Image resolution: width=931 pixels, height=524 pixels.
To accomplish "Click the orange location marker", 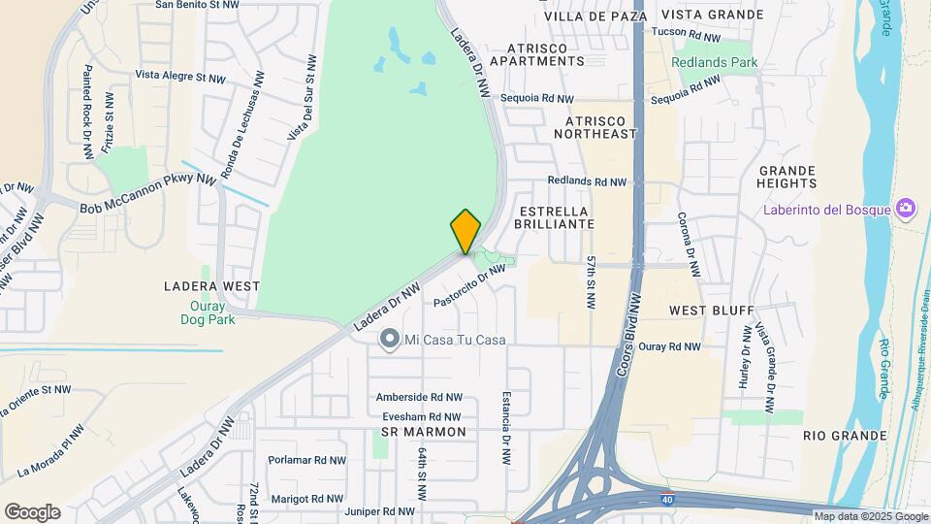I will pyautogui.click(x=465, y=232).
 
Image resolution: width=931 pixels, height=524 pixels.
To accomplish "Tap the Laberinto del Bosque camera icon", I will pyautogui.click(x=906, y=208).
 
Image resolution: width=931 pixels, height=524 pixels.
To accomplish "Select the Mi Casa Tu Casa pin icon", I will pyautogui.click(x=389, y=339).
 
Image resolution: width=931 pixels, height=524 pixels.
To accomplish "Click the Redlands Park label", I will pyautogui.click(x=715, y=62).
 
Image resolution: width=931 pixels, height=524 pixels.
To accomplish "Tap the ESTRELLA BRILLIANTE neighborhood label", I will pyautogui.click(x=556, y=216).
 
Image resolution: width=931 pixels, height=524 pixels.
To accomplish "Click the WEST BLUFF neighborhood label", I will pyautogui.click(x=711, y=311).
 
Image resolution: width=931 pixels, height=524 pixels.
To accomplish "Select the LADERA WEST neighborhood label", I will pyautogui.click(x=211, y=286).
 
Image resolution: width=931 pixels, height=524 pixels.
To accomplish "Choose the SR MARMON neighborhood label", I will pyautogui.click(x=424, y=431).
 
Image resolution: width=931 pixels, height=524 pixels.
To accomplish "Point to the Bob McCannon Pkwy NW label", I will pyautogui.click(x=147, y=194).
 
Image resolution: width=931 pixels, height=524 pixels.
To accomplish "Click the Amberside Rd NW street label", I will pyautogui.click(x=419, y=398).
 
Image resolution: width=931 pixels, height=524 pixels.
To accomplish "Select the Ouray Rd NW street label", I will pyautogui.click(x=669, y=346).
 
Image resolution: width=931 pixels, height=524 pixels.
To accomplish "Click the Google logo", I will pyautogui.click(x=32, y=512).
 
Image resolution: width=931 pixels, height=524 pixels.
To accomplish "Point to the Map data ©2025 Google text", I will pyautogui.click(x=870, y=516).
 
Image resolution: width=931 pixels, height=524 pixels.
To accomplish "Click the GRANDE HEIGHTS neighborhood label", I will pyautogui.click(x=787, y=177).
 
